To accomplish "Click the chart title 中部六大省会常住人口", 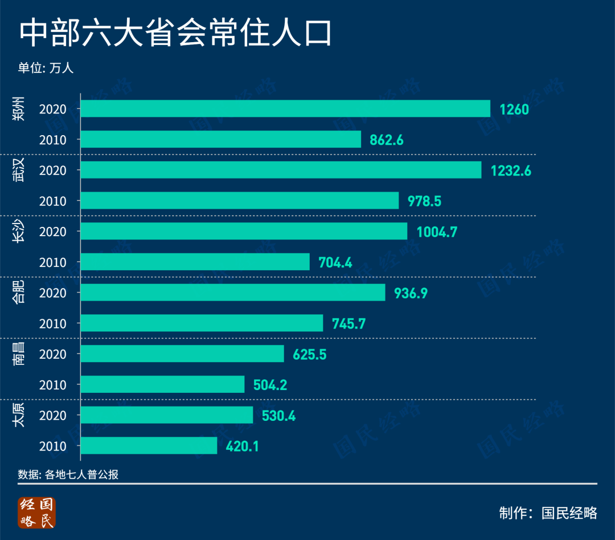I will point(175,35).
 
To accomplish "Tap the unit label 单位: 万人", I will point(46,68).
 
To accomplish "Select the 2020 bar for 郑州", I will point(285,108).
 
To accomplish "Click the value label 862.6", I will point(386,140).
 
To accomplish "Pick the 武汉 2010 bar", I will point(240,201).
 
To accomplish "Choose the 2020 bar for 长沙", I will point(244,232).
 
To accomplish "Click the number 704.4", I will point(335,262).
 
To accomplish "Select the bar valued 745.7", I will point(202,323).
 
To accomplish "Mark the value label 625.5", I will point(310,354).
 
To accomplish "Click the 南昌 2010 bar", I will point(162,385).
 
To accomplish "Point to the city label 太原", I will point(20,415).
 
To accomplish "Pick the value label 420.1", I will point(243,446).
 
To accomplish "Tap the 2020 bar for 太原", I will point(167,415).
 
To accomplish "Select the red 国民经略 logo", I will point(36,513).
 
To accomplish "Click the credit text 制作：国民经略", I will point(548,513).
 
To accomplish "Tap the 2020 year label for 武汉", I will point(53,170).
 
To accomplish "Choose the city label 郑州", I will point(20,109).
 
